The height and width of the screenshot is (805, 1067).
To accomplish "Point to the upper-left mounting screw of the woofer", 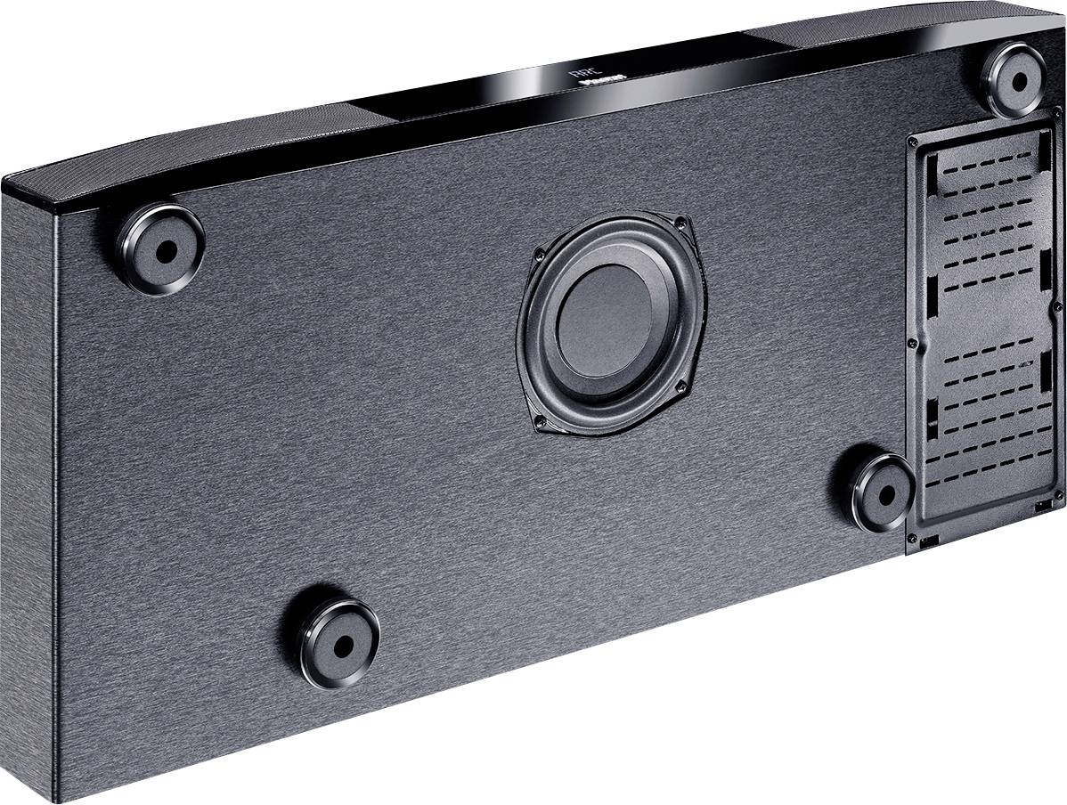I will point(538,253).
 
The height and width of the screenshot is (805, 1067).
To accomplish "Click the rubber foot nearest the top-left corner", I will point(161,248).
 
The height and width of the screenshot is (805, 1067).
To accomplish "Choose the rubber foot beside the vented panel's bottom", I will point(884,492).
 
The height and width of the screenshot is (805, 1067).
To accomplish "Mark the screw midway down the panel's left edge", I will point(910,342).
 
